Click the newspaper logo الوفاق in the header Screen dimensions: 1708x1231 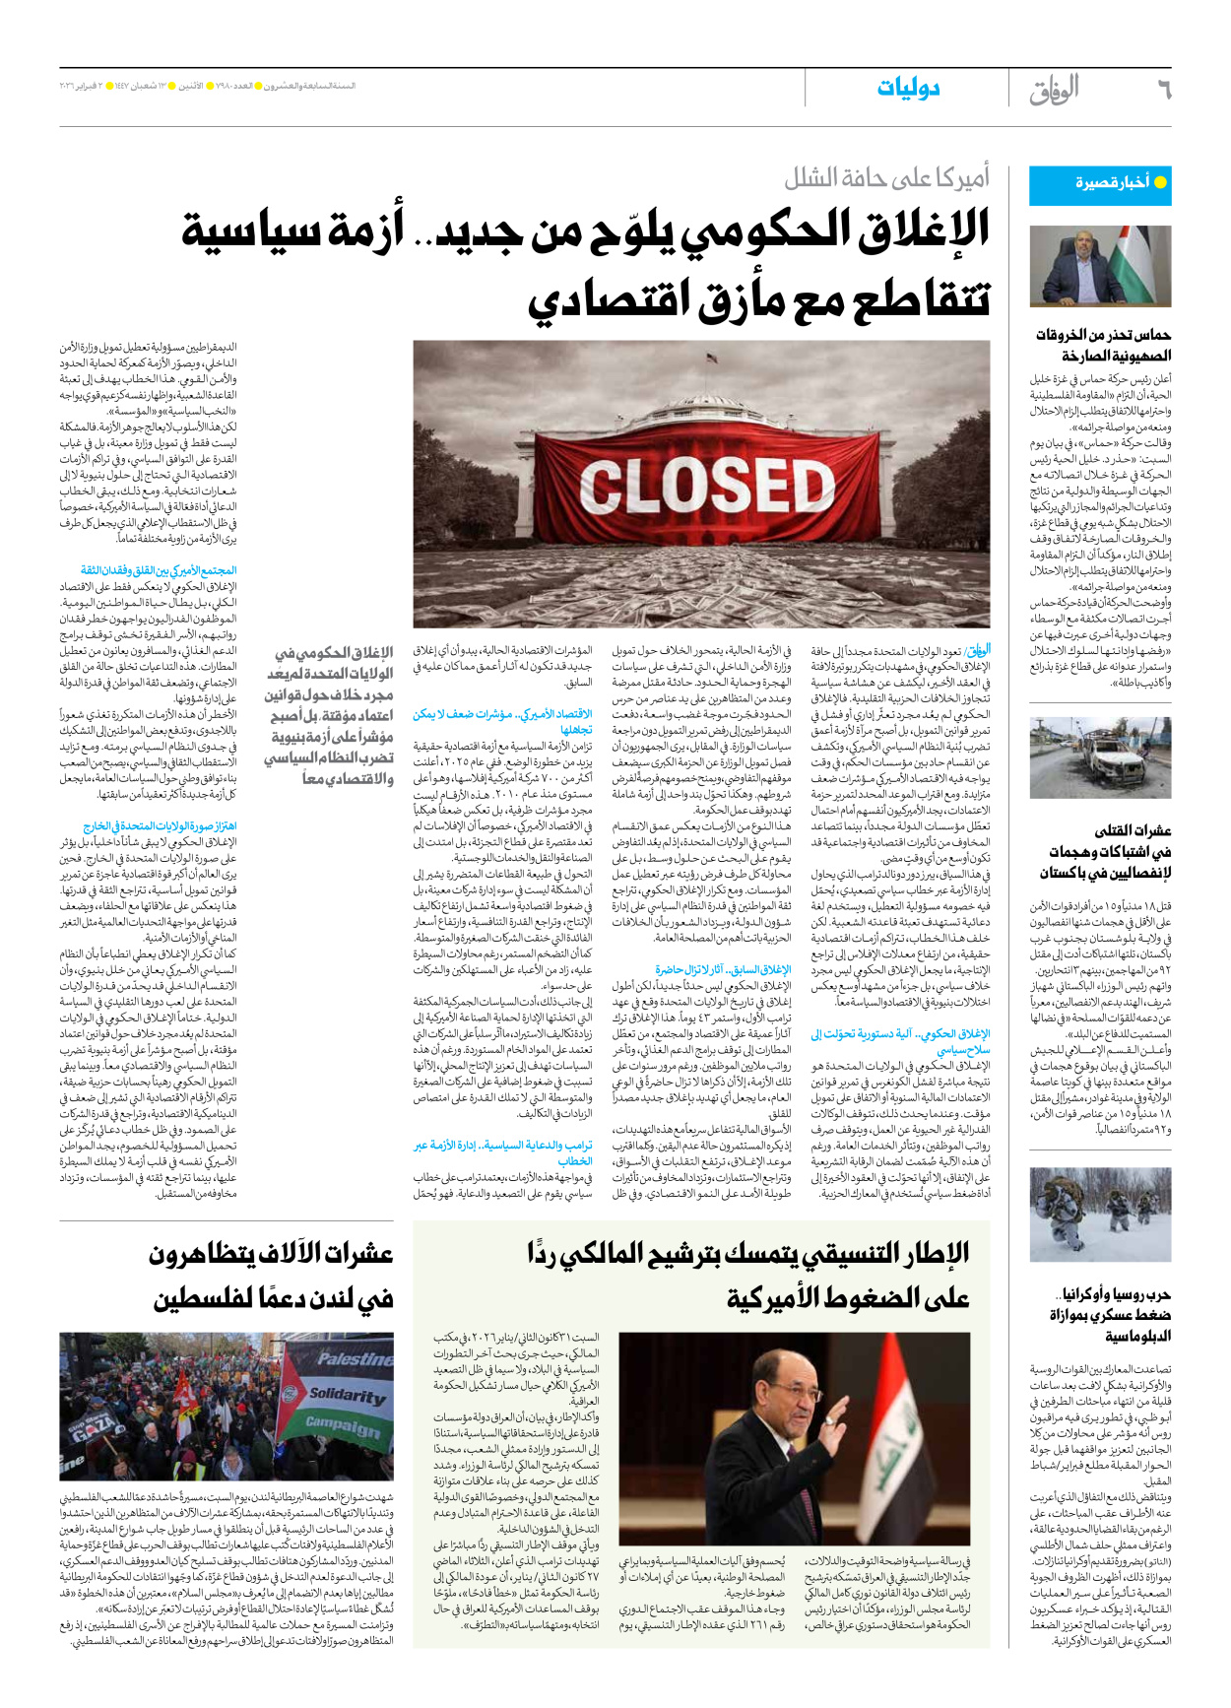(x=1054, y=90)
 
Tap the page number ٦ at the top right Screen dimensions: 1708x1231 (x=1163, y=91)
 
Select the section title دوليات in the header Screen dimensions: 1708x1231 (x=908, y=89)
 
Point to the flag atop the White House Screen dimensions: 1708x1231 (x=709, y=360)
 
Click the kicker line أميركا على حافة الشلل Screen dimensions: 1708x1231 (x=886, y=178)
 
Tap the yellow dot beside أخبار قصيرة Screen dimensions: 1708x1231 (x=1160, y=182)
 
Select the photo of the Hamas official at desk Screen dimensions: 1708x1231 (x=1100, y=266)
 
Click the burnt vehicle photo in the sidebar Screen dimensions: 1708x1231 (x=1100, y=758)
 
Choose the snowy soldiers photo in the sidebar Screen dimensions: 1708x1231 (x=1100, y=1215)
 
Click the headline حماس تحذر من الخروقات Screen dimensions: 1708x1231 (x=1102, y=345)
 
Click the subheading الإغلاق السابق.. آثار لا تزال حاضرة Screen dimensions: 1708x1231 (x=723, y=969)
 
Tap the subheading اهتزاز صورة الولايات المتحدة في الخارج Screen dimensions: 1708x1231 (x=161, y=826)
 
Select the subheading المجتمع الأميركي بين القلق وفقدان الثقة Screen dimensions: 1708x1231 (x=159, y=570)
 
